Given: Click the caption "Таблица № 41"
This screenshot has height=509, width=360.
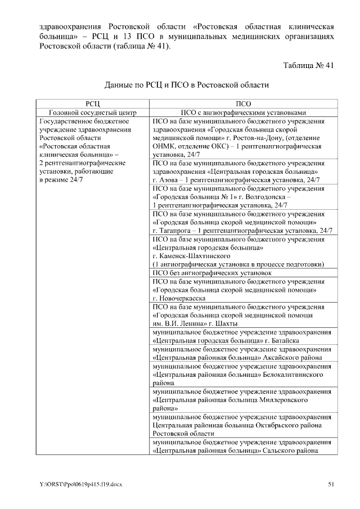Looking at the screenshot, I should [x=309, y=65].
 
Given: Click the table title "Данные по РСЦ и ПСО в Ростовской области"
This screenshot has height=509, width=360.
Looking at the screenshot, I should [x=187, y=85].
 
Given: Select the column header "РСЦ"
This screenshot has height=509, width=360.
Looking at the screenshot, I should [x=93, y=104].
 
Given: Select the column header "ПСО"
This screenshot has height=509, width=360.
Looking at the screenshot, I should [x=244, y=104].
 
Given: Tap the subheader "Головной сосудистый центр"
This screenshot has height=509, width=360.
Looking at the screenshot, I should [x=93, y=112].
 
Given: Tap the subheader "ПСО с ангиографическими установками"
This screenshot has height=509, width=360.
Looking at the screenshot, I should [x=244, y=112].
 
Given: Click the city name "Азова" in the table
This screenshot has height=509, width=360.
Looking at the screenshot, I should [x=169, y=179].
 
